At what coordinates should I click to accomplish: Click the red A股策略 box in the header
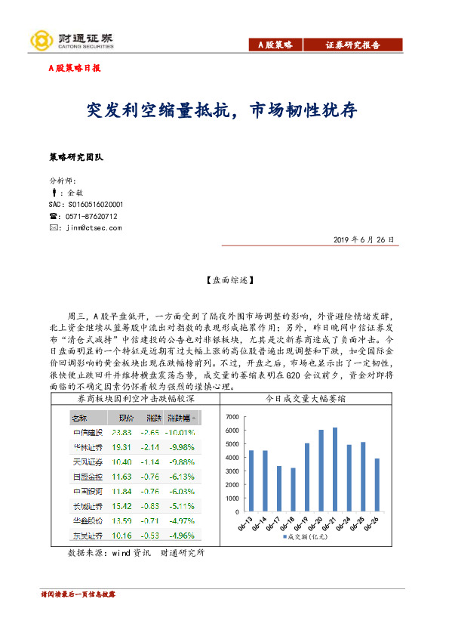click(x=275, y=45)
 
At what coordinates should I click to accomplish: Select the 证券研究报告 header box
click(x=352, y=45)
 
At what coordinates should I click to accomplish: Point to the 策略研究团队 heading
click(x=75, y=157)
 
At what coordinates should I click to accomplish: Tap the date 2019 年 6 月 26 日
click(x=363, y=239)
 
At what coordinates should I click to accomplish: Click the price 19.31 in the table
click(x=121, y=446)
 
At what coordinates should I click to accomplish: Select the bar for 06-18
click(x=293, y=489)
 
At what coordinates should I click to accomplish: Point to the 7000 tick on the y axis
click(x=232, y=417)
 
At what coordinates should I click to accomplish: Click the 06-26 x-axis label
click(x=372, y=522)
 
